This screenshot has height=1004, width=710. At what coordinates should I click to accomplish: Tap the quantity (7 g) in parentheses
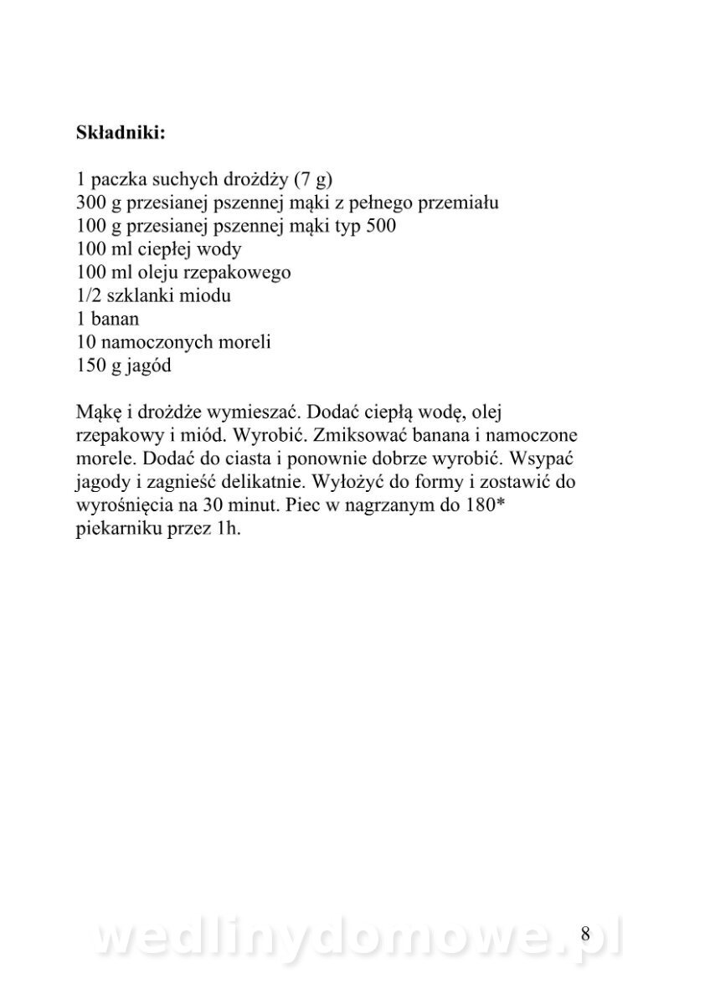[315, 180]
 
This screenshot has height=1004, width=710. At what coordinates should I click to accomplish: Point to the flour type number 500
[379, 227]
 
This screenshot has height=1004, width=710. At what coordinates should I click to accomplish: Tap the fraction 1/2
[88, 295]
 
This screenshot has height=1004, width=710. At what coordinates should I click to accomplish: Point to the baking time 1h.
[229, 530]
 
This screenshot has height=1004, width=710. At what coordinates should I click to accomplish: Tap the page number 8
[585, 934]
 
